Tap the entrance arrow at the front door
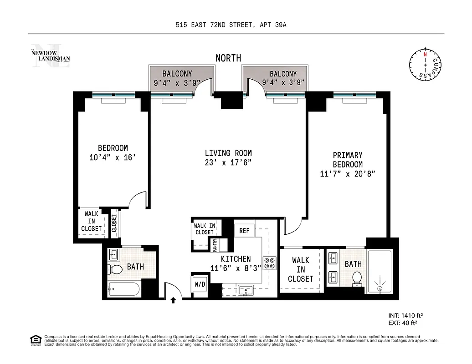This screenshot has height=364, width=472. click(x=173, y=300)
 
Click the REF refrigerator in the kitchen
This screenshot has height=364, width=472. click(x=245, y=231)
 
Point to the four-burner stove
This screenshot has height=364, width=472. click(x=270, y=263)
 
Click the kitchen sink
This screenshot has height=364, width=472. click(x=246, y=290)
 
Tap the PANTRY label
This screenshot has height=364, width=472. click(x=214, y=244)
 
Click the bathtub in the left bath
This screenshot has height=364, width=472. click(x=124, y=289)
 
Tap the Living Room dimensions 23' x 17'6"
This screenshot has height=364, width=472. click(x=228, y=163)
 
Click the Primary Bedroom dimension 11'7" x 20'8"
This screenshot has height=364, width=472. click(x=347, y=173)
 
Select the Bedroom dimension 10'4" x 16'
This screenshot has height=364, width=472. click(x=113, y=157)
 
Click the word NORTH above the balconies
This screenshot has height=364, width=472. click(x=228, y=58)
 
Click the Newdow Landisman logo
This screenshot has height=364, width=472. click(x=51, y=56)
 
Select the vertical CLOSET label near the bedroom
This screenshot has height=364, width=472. click(x=114, y=223)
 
